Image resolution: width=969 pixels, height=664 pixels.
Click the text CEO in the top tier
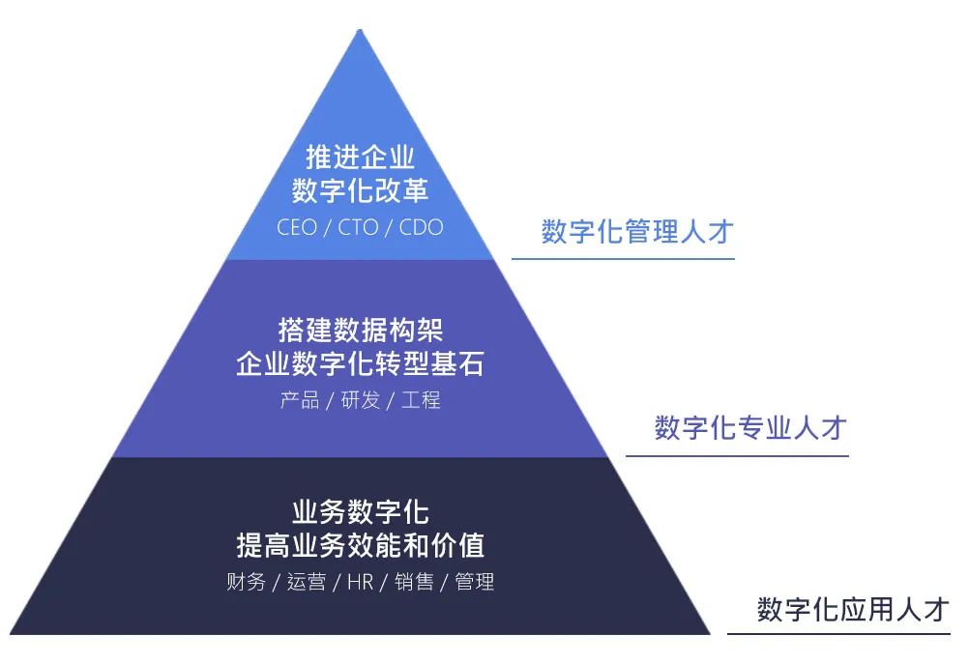pyautogui.click(x=296, y=228)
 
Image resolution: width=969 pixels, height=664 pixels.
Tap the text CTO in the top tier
pyautogui.click(x=358, y=228)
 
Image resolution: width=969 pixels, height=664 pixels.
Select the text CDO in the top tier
pyautogui.click(x=422, y=228)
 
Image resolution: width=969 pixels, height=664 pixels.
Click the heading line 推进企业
pyautogui.click(x=360, y=156)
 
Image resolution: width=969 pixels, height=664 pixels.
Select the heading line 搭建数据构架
pyautogui.click(x=360, y=330)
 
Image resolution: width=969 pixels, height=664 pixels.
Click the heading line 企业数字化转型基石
pyautogui.click(x=360, y=365)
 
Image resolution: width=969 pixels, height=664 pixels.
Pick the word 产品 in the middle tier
pyautogui.click(x=299, y=400)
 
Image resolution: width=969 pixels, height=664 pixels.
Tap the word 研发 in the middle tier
pyautogui.click(x=360, y=400)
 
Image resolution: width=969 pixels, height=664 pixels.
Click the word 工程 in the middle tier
pyautogui.click(x=421, y=400)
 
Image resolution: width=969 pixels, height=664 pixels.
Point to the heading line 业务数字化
pyautogui.click(x=360, y=510)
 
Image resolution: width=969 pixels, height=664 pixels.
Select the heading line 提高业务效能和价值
pyautogui.click(x=360, y=545)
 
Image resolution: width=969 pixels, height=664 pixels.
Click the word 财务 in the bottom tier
pyautogui.click(x=246, y=582)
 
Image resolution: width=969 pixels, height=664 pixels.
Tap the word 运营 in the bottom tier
pyautogui.click(x=306, y=582)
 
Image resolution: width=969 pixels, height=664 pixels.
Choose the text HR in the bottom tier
pyautogui.click(x=360, y=582)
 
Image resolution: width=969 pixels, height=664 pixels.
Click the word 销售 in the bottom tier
pyautogui.click(x=414, y=582)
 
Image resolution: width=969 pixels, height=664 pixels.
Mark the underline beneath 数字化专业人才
pyautogui.click(x=736, y=455)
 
